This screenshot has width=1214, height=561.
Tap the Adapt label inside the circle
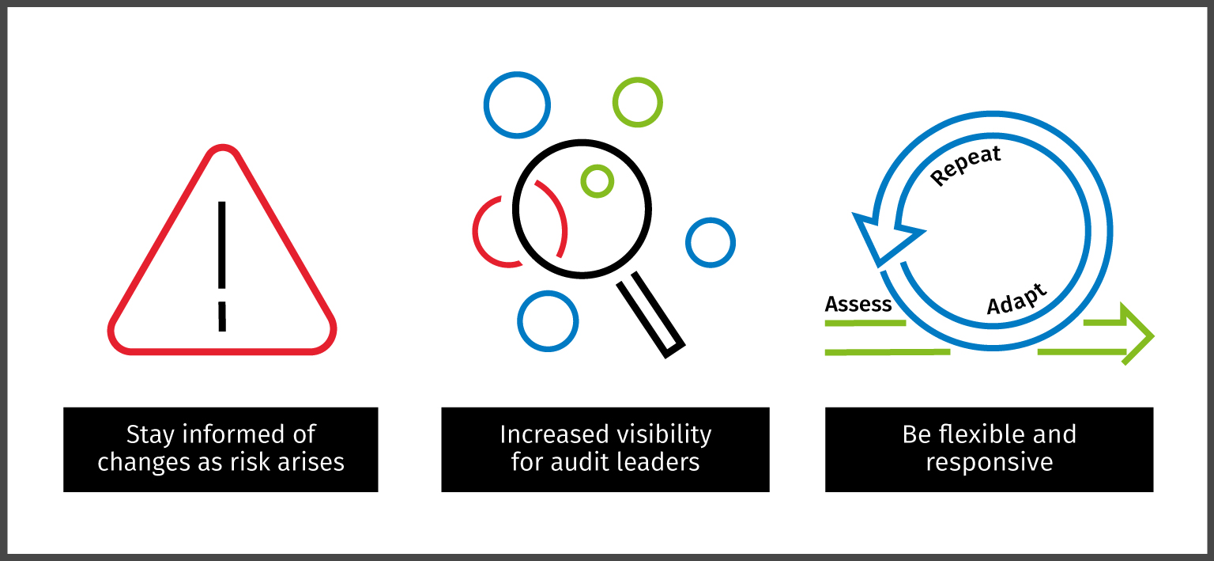1017,298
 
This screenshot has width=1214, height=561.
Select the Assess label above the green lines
858,305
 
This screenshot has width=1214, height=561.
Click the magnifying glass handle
650,314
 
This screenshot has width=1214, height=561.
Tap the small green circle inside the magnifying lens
597,181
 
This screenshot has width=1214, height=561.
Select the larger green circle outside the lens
637,102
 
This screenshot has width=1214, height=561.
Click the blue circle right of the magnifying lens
710,242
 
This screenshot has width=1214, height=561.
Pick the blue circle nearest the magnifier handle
548,321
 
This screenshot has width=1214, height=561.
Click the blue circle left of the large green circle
517,104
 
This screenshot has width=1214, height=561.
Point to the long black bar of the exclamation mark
222,244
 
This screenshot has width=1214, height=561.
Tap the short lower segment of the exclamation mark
222,316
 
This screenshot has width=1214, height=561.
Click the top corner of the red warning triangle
222,150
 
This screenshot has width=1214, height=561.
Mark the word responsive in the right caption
989,461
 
